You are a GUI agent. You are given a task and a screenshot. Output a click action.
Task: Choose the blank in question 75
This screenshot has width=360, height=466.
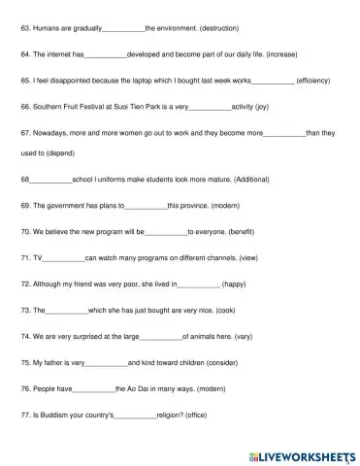[107, 361]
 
